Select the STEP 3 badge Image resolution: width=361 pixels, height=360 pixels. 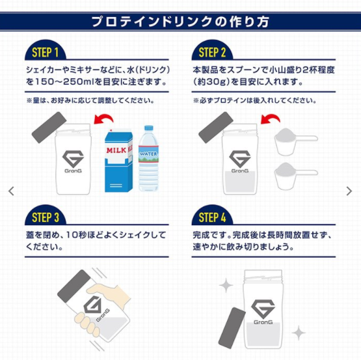click(46, 216)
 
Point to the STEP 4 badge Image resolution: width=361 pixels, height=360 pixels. click(212, 216)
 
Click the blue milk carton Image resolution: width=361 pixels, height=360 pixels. click(118, 161)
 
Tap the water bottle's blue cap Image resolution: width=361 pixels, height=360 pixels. click(149, 128)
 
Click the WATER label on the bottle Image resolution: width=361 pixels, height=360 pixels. click(148, 154)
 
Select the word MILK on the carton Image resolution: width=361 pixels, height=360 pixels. click(116, 150)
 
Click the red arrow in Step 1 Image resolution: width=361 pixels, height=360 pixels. click(103, 118)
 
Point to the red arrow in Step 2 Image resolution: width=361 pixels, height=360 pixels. click(270, 118)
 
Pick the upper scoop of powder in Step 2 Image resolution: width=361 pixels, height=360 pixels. click(295, 141)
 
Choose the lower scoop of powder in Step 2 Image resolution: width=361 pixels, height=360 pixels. click(295, 176)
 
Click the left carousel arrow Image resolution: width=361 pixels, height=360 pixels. click(11, 191)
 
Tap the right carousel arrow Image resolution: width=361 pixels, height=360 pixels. click(349, 191)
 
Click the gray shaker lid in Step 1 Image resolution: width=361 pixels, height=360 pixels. click(49, 128)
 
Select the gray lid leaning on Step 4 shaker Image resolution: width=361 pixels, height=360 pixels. click(232, 327)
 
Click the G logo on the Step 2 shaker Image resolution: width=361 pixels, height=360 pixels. click(239, 159)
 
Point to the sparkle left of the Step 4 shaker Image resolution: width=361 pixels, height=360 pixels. click(226, 285)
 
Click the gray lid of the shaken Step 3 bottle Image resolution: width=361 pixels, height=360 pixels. click(74, 286)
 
